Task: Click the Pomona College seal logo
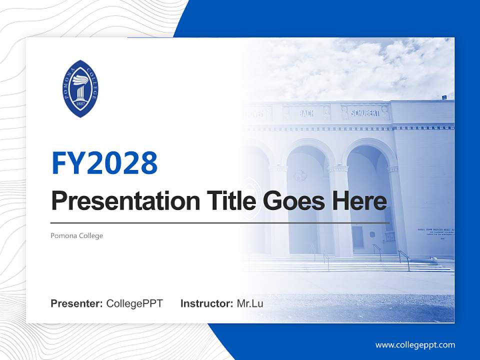point(80,88)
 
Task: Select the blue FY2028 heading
point(104,162)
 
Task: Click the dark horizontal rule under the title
point(220,222)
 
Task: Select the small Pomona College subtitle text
point(76,235)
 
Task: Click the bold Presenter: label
point(77,303)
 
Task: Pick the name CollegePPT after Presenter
point(134,303)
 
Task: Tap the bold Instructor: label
point(206,303)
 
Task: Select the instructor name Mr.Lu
point(250,303)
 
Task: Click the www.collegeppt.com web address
point(415,344)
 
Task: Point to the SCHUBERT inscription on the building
point(364,113)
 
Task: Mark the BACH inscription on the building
point(306,113)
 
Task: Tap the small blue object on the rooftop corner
point(443,96)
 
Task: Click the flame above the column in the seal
point(80,79)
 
